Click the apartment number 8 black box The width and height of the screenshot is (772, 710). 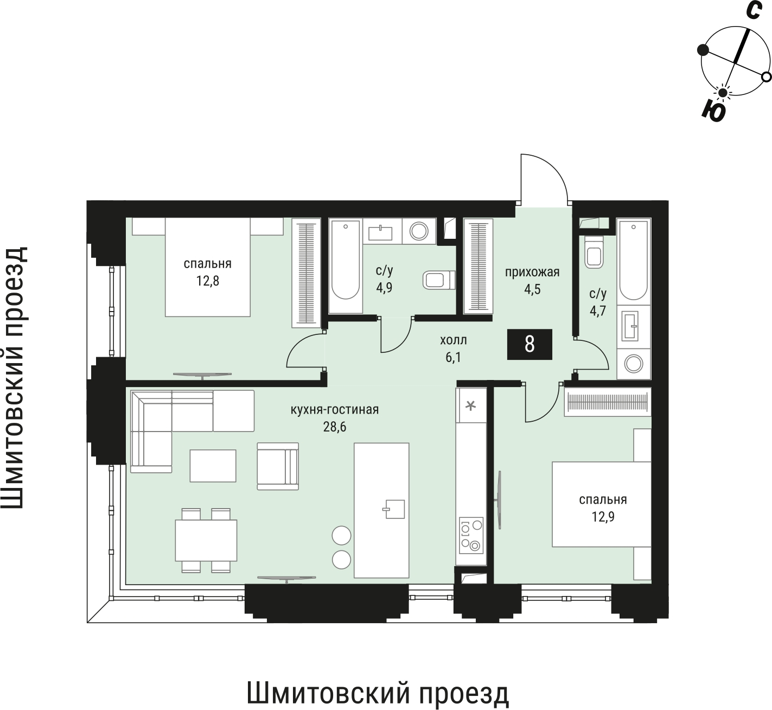(529, 344)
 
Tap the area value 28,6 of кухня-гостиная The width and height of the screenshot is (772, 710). (334, 427)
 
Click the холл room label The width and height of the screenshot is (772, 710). (453, 340)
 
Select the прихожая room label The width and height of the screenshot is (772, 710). (532, 272)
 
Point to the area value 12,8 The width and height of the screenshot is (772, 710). (207, 281)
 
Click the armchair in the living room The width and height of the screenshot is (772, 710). (277, 466)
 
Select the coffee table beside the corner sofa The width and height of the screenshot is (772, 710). (213, 465)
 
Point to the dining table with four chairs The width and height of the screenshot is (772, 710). (206, 540)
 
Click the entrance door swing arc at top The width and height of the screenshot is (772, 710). (544, 176)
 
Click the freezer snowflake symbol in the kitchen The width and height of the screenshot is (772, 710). (471, 405)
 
